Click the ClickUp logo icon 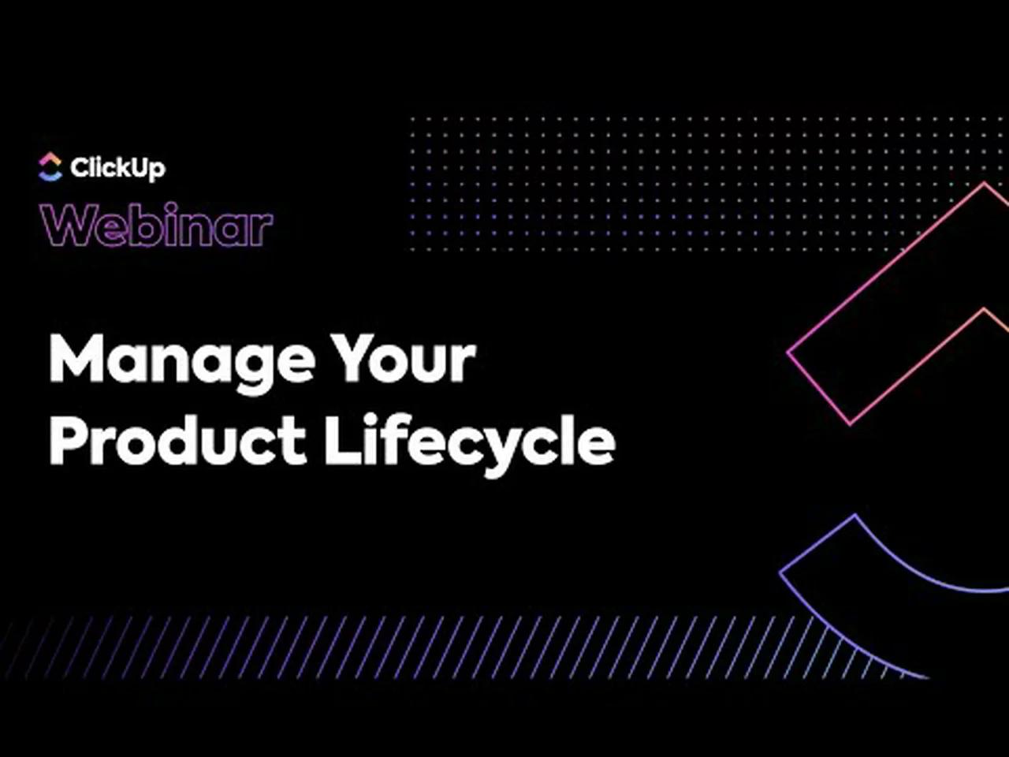coord(50,166)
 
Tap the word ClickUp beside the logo coord(117,167)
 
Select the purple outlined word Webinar coord(158,226)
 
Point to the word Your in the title coord(403,359)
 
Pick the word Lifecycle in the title coord(470,441)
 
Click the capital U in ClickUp coord(136,167)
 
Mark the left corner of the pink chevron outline coord(789,353)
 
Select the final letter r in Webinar coord(261,229)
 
